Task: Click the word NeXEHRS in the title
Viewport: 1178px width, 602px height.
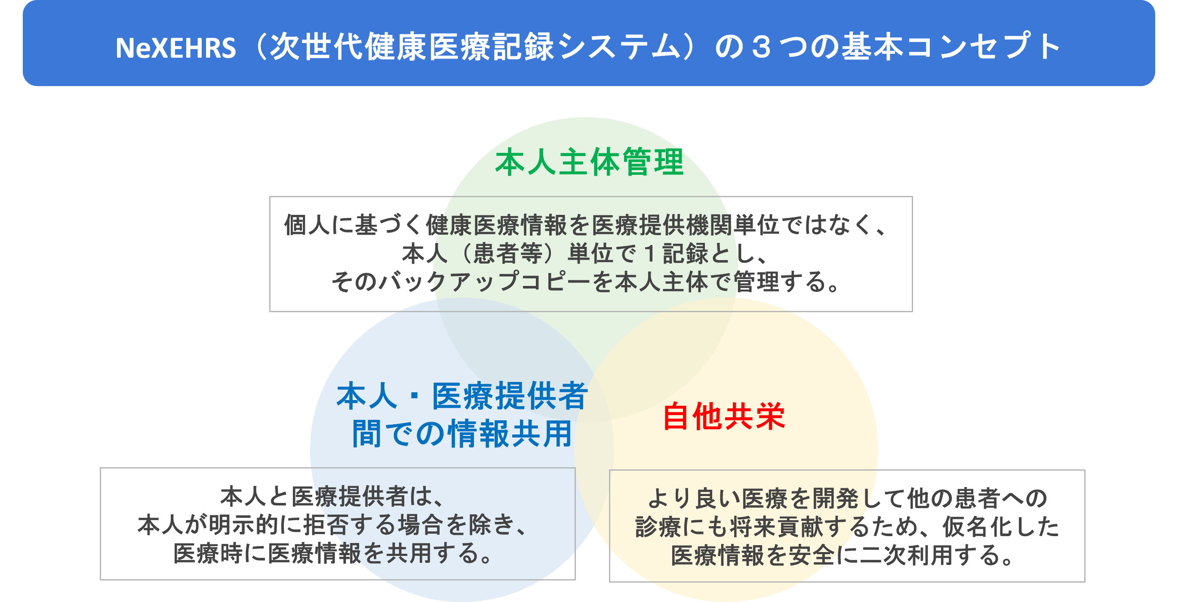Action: (175, 48)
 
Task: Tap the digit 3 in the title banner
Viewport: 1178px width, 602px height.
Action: (760, 48)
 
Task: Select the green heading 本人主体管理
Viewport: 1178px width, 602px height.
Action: (590, 162)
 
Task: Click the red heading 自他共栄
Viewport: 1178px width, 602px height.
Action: (724, 416)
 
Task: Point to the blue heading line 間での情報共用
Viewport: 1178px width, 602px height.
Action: (462, 434)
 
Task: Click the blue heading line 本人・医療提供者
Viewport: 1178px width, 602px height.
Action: (462, 397)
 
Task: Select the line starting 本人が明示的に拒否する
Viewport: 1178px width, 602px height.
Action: (333, 525)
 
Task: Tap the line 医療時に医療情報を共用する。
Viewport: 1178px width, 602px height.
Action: (333, 553)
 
